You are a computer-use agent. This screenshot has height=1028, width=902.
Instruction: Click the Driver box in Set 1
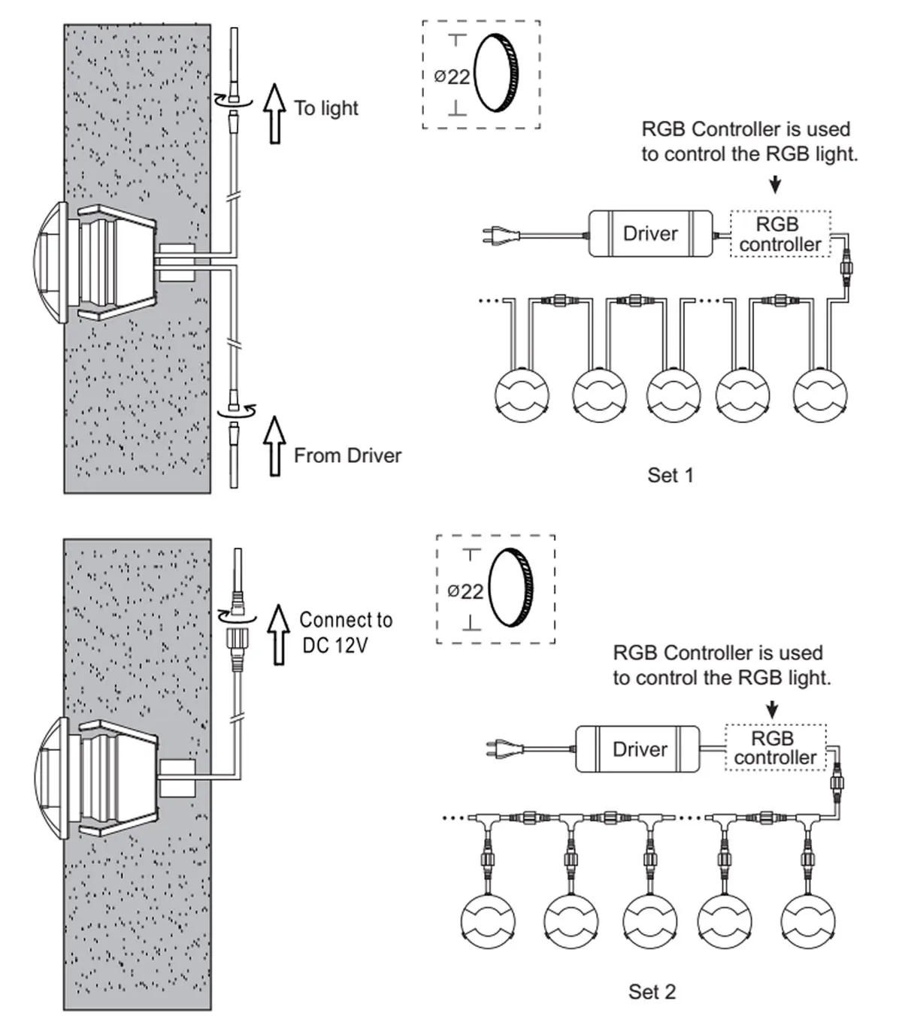pyautogui.click(x=650, y=234)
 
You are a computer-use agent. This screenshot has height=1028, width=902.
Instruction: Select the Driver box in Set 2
pyautogui.click(x=638, y=749)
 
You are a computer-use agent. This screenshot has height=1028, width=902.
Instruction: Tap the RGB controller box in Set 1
pyautogui.click(x=779, y=234)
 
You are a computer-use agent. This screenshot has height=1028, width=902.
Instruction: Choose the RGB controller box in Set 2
pyautogui.click(x=775, y=748)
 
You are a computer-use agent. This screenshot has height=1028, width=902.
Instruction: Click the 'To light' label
pyautogui.click(x=326, y=108)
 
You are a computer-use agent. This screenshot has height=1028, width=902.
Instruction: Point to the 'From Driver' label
pyautogui.click(x=347, y=455)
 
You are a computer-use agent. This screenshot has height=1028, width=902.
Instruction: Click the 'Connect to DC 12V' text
pyautogui.click(x=345, y=633)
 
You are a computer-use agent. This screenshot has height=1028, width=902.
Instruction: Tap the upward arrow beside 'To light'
pyautogui.click(x=275, y=113)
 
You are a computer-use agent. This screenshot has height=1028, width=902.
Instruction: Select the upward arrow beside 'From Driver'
pyautogui.click(x=275, y=446)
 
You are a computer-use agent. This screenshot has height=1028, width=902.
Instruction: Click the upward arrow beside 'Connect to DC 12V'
pyautogui.click(x=279, y=635)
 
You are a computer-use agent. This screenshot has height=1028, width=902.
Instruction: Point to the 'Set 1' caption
pyautogui.click(x=670, y=475)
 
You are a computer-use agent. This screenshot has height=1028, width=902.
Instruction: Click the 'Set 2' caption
pyautogui.click(x=652, y=992)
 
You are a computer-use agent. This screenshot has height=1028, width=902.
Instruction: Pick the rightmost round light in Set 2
pyautogui.click(x=808, y=921)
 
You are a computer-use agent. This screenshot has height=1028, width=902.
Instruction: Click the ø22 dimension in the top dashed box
pyautogui.click(x=453, y=77)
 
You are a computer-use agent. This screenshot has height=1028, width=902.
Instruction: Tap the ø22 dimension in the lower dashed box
pyautogui.click(x=465, y=591)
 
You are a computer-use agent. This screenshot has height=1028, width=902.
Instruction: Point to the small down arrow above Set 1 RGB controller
pyautogui.click(x=776, y=184)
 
